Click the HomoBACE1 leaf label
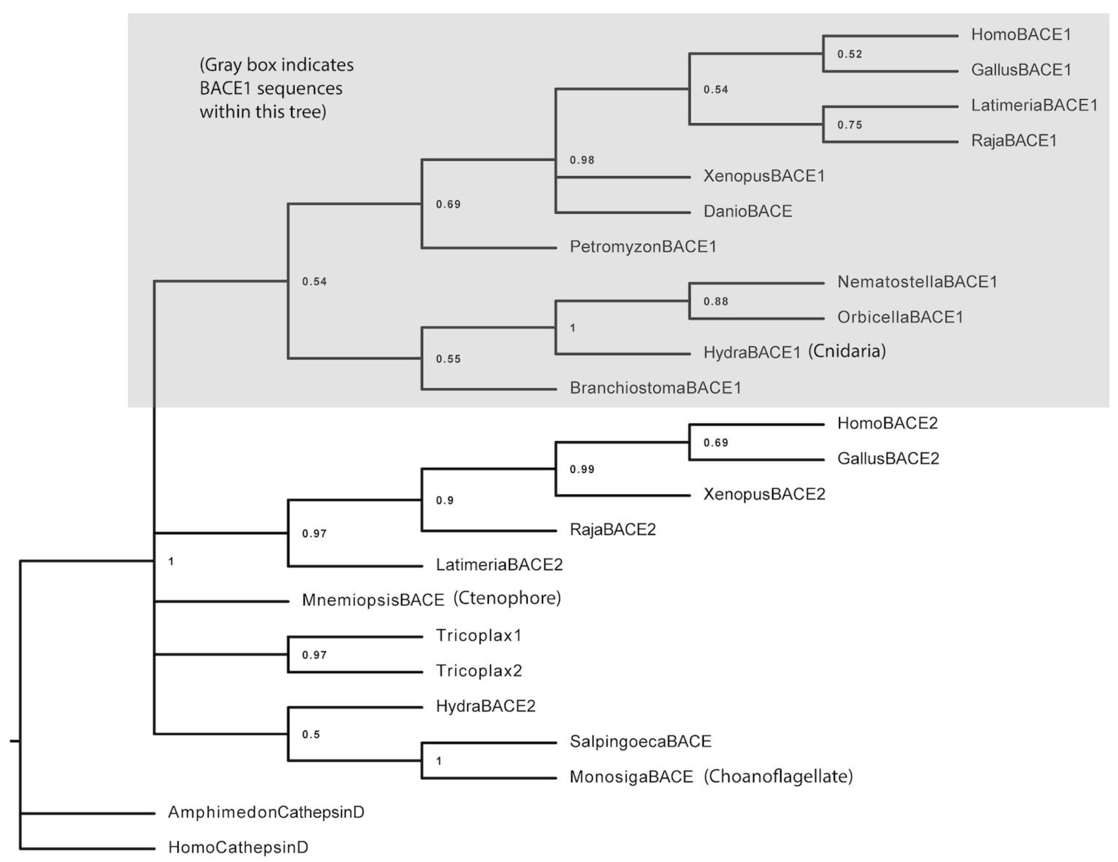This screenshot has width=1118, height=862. (1021, 35)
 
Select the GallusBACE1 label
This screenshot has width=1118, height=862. (1021, 70)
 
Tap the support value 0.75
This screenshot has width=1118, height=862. (849, 125)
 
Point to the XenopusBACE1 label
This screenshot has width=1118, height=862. (764, 176)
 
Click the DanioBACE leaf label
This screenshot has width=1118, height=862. (747, 212)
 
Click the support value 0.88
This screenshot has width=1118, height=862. (715, 302)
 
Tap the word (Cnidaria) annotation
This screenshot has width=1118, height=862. (847, 351)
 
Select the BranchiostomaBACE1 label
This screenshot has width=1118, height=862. (655, 388)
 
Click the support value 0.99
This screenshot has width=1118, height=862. (582, 470)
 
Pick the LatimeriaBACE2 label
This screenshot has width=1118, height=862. (499, 565)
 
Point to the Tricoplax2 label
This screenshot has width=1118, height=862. (479, 671)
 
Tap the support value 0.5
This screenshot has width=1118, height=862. (311, 735)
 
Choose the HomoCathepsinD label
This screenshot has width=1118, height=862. (238, 848)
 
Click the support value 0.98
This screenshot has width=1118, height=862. (582, 160)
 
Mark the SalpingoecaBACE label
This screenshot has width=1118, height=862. (640, 742)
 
